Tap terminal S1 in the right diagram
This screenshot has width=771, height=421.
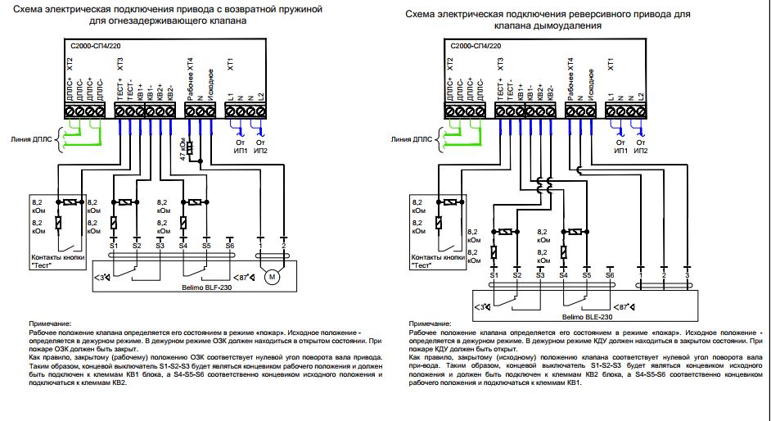[x=494, y=277]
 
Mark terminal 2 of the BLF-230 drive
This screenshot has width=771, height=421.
[x=284, y=246]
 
